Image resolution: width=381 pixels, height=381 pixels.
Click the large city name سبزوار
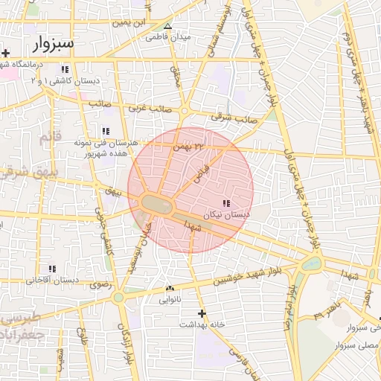tap(54, 43)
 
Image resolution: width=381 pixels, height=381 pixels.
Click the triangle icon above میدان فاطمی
tap(167, 25)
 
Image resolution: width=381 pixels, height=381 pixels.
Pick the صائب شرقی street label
tap(234, 118)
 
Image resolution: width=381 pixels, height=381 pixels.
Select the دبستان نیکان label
tap(225, 214)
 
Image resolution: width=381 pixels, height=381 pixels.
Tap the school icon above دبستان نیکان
tap(225, 202)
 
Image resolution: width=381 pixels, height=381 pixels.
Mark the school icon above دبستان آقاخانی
tap(51, 269)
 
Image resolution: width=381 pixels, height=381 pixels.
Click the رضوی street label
tap(99, 284)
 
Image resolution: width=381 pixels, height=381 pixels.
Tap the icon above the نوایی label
tap(169, 289)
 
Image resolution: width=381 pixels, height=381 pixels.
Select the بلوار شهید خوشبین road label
tap(236, 277)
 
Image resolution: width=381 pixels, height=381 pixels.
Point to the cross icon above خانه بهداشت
tap(201, 313)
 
